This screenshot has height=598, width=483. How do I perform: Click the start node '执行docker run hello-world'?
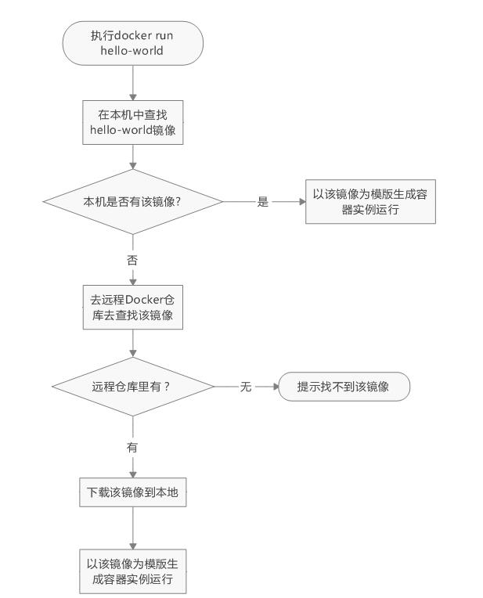pyautogui.click(x=133, y=43)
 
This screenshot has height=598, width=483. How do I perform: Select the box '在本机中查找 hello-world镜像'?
pyautogui.click(x=133, y=122)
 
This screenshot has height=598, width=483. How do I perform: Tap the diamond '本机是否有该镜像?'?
pyautogui.click(x=133, y=201)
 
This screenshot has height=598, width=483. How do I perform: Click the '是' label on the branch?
pyautogui.click(x=263, y=202)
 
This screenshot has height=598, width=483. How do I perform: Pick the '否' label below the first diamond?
pyautogui.click(x=132, y=260)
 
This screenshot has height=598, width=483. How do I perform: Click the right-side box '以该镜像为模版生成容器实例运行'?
pyautogui.click(x=369, y=202)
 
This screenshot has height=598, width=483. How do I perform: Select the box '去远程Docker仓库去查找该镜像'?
pyautogui.click(x=133, y=307)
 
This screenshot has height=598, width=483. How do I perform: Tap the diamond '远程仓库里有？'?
pyautogui.click(x=133, y=387)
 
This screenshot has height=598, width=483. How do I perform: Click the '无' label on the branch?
pyautogui.click(x=246, y=387)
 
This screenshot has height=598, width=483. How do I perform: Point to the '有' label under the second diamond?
pyautogui.click(x=132, y=447)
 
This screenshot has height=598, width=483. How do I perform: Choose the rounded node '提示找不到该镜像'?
pyautogui.click(x=344, y=387)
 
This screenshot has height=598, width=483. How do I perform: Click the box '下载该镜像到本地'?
pyautogui.click(x=133, y=493)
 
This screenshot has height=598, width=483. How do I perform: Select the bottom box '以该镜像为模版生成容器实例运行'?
pyautogui.click(x=133, y=571)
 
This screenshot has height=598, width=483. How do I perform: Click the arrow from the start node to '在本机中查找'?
pyautogui.click(x=133, y=82)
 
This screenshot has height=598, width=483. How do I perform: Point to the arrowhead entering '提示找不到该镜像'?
pyautogui.click(x=275, y=387)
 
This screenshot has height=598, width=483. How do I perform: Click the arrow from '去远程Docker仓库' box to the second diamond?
pyautogui.click(x=133, y=343)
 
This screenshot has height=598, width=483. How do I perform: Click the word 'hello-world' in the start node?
pyautogui.click(x=133, y=51)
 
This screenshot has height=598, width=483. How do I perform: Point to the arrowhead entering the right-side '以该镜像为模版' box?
pyautogui.click(x=301, y=202)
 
